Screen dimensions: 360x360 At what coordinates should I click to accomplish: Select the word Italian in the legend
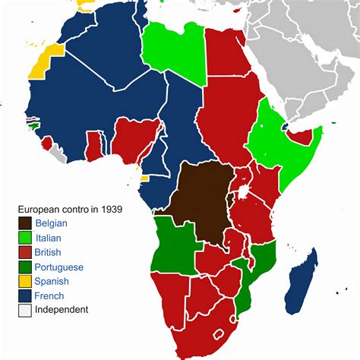click(x=49, y=238)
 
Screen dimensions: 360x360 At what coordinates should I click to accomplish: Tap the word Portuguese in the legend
click(x=59, y=267)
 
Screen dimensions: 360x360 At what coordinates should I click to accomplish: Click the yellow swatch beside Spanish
click(x=26, y=281)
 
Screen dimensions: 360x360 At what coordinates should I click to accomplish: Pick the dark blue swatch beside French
click(x=26, y=295)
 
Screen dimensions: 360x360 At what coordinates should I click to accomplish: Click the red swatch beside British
click(x=26, y=252)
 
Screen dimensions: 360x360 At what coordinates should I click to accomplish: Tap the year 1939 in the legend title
click(x=112, y=208)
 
